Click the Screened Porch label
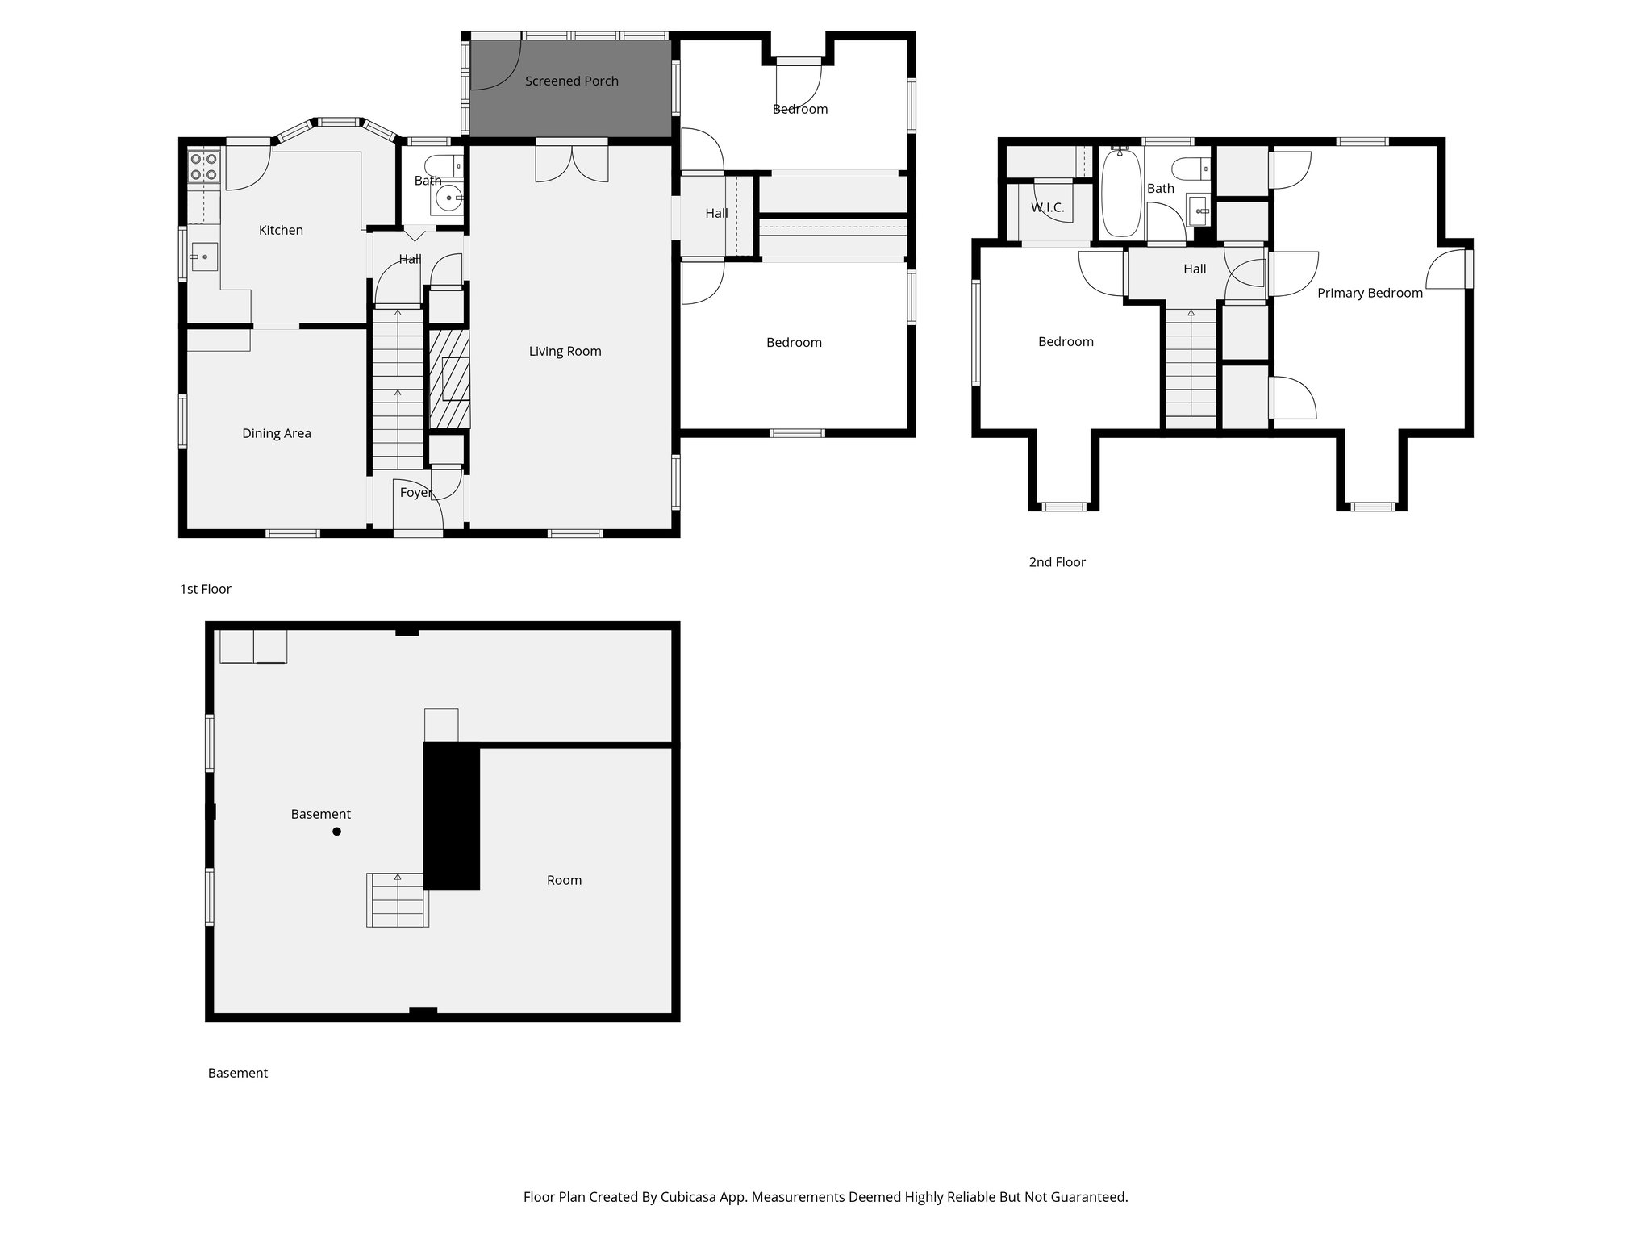click(571, 81)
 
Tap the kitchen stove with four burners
click(203, 166)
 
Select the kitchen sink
click(203, 257)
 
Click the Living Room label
click(565, 351)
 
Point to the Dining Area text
click(276, 433)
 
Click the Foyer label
click(416, 492)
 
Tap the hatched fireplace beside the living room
click(449, 378)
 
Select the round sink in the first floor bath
click(448, 197)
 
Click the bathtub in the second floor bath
click(1120, 191)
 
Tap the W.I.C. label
click(1047, 207)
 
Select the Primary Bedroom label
click(1370, 293)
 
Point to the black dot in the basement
click(337, 832)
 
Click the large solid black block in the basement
click(452, 816)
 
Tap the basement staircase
click(397, 900)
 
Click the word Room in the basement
click(564, 880)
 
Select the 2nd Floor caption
click(1057, 562)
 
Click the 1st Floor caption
click(205, 589)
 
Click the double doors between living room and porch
click(572, 161)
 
